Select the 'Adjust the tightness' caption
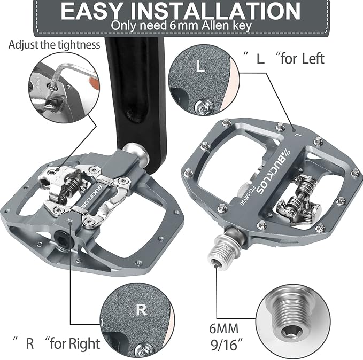[x=54, y=44]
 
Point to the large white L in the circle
[x=199, y=67]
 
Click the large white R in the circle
[x=141, y=309]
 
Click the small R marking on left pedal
[x=68, y=220]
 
